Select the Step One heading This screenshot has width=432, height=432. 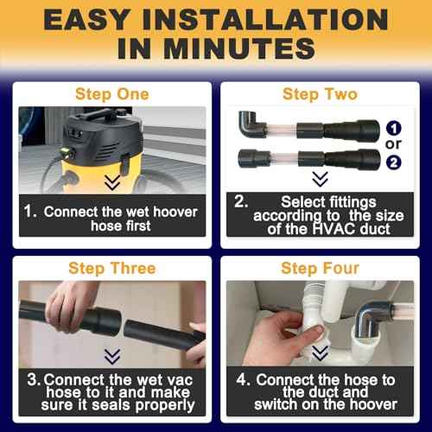111,94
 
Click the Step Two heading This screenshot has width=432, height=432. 319,94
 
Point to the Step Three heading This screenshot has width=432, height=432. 111,269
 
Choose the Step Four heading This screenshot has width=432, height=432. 319,269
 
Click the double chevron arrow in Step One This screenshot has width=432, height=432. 112,182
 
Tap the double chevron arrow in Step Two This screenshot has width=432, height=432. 320,180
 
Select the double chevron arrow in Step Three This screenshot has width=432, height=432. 112,356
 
